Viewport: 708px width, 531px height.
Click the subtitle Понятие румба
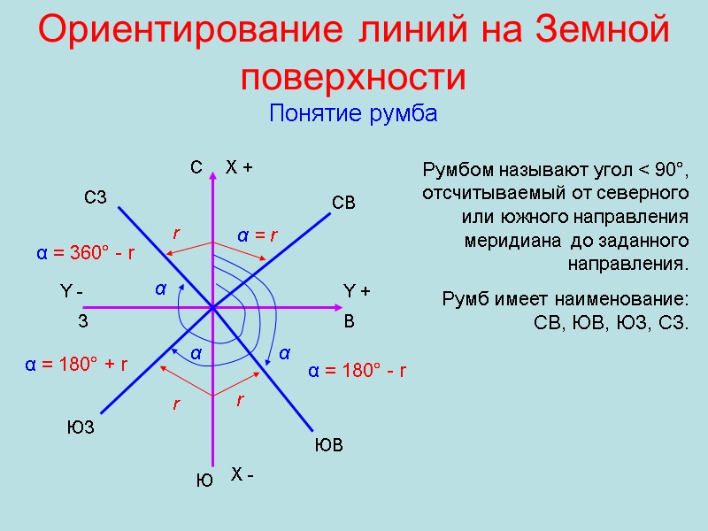(353, 115)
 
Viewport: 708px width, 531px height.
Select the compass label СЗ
(95, 196)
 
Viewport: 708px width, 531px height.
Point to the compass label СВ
(343, 204)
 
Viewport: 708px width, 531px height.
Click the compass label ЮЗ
(81, 428)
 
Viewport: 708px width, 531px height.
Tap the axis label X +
(240, 166)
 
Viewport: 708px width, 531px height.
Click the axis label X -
(242, 476)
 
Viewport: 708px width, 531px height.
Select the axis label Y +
(357, 291)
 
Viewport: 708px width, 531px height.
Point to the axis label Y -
(71, 291)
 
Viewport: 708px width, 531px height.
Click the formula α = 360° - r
(85, 253)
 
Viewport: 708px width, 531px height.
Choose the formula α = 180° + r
(75, 364)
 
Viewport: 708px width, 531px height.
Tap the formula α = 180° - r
(357, 370)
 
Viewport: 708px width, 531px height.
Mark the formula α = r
(258, 235)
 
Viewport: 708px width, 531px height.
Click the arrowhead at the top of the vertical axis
(212, 175)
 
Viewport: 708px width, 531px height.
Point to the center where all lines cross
(212, 308)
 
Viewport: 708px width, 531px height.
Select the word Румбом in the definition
(457, 169)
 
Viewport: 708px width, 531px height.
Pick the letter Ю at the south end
(204, 481)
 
